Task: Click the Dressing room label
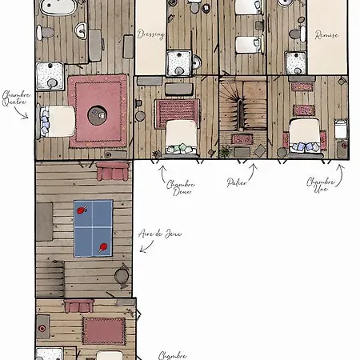[150, 34]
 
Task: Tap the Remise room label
[326, 35]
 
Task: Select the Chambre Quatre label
[16, 98]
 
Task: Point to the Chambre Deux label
[181, 188]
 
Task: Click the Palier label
[237, 182]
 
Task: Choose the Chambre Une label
[320, 185]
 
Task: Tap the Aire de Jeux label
[160, 234]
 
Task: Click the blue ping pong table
[93, 228]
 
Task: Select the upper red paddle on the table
[82, 210]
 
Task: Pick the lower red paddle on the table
[102, 247]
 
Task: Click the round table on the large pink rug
[98, 115]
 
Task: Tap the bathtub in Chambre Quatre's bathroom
[58, 6]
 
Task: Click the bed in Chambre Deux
[182, 137]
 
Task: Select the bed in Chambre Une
[305, 136]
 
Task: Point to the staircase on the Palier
[242, 106]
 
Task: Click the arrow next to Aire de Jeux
[146, 246]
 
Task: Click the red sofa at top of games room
[112, 171]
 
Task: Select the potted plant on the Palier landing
[225, 152]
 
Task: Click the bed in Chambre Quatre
[58, 122]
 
